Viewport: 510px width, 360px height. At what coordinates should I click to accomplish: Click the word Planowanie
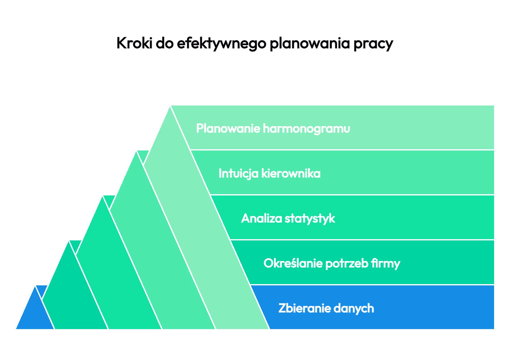click(x=228, y=128)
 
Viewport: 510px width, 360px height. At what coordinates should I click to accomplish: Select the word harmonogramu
click(x=306, y=129)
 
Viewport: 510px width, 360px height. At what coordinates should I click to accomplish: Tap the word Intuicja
click(x=238, y=174)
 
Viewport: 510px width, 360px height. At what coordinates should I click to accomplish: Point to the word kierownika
click(x=291, y=174)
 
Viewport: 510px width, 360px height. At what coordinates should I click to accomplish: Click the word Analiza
click(x=261, y=218)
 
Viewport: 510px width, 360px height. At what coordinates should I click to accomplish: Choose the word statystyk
click(x=310, y=219)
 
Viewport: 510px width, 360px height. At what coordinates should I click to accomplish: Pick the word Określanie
click(x=293, y=263)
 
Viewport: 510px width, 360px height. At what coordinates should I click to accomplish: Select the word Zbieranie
click(x=305, y=308)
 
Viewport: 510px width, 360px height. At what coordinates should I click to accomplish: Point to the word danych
click(x=354, y=308)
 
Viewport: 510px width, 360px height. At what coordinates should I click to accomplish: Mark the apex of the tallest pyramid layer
click(x=170, y=106)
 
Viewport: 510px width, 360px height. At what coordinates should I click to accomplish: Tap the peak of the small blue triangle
click(x=35, y=286)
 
